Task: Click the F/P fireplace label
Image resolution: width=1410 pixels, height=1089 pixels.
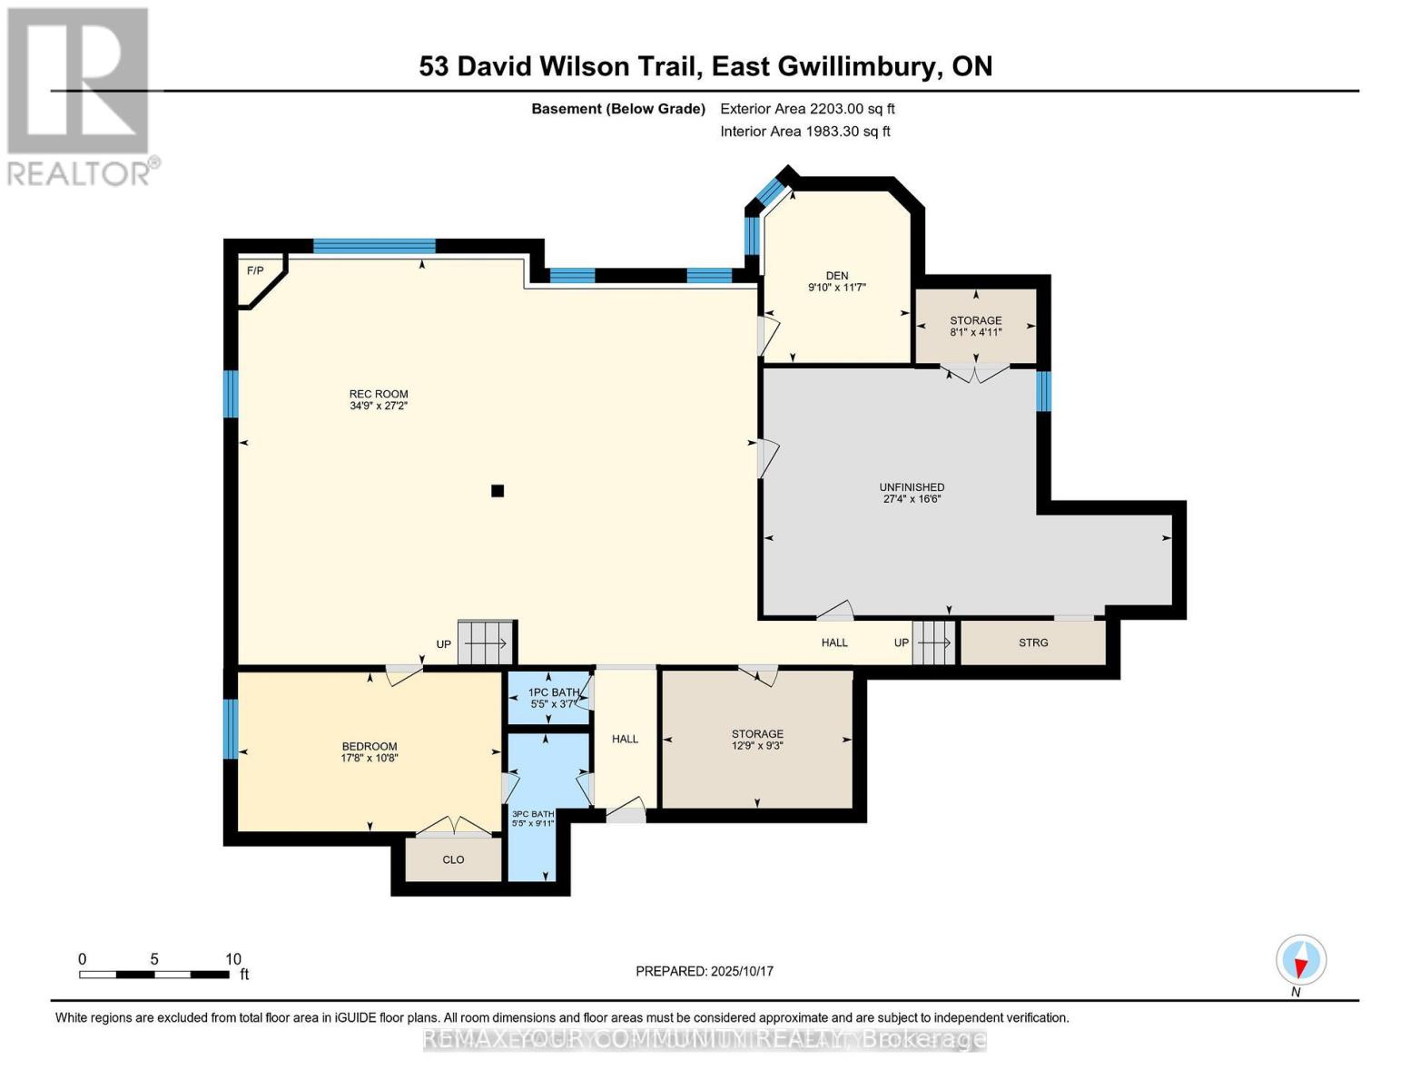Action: (255, 270)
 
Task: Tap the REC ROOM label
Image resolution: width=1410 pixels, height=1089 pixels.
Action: (379, 394)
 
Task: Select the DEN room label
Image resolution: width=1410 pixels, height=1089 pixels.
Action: (836, 276)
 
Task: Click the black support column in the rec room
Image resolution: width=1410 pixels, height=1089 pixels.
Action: (498, 491)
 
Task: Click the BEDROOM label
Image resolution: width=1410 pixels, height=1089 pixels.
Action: (370, 747)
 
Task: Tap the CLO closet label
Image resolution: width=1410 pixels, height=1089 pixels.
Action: (453, 859)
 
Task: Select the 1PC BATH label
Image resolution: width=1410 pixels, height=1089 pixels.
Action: (554, 692)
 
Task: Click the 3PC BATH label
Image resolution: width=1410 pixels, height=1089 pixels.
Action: (533, 814)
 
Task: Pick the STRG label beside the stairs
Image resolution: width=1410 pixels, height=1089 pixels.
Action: (1033, 643)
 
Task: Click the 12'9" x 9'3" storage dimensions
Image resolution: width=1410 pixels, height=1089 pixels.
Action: (757, 746)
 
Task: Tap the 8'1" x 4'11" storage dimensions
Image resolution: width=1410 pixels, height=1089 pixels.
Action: (976, 332)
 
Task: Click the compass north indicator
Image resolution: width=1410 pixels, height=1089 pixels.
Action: (1301, 960)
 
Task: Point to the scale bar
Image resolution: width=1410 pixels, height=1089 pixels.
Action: (154, 975)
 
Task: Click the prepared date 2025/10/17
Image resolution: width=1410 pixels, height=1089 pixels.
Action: (705, 971)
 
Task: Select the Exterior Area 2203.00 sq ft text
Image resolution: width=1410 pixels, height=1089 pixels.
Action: (807, 109)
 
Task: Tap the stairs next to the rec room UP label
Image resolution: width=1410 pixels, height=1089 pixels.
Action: (486, 643)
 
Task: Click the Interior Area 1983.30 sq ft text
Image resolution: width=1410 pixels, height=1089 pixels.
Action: (805, 132)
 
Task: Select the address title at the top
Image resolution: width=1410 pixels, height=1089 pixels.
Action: (705, 66)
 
